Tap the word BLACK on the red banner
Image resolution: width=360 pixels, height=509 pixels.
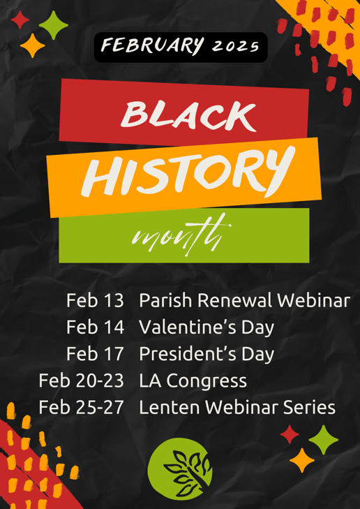point(188,114)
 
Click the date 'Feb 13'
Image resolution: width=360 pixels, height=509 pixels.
point(95,301)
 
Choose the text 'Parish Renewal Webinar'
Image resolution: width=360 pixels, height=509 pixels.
point(244,301)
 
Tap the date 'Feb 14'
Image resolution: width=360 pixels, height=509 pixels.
point(95,327)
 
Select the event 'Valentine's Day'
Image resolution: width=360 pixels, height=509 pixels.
point(207,327)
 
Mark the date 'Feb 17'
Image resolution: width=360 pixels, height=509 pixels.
point(95,353)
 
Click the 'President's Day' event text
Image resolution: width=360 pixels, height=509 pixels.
point(207,353)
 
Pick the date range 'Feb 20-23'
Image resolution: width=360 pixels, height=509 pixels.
point(82,381)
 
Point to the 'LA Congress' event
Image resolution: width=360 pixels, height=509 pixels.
point(193,381)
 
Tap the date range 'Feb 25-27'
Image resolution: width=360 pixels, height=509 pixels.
point(82,407)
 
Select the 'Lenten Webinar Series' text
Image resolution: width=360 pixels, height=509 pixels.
point(237,407)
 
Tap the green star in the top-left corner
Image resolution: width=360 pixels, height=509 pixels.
point(53,27)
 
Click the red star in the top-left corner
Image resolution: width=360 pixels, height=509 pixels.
point(21,20)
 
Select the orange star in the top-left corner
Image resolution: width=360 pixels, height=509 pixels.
point(32,46)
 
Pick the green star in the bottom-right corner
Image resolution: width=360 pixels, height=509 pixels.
point(323,439)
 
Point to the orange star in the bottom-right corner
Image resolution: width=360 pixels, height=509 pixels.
point(301,461)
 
